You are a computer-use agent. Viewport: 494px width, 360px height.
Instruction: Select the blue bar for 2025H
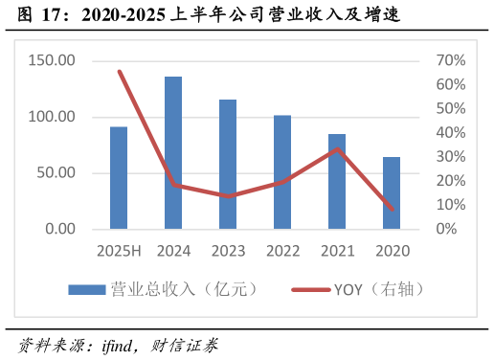tap(119, 178)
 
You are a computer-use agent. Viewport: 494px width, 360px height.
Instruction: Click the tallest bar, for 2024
tap(173, 153)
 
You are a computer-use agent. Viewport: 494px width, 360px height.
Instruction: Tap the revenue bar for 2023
tap(228, 165)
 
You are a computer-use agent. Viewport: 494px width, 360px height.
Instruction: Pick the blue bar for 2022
tap(282, 172)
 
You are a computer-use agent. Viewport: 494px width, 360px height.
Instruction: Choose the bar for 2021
tap(337, 182)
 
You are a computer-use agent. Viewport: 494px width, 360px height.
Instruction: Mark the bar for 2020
tap(392, 193)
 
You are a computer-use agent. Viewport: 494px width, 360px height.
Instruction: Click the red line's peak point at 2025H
tap(119, 71)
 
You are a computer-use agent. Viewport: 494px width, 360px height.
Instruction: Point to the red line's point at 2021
tap(337, 148)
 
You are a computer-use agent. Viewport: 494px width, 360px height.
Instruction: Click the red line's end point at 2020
tap(392, 210)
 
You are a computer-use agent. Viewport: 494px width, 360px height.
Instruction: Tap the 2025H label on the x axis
tap(119, 251)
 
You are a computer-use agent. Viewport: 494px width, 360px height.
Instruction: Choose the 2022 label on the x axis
tap(282, 251)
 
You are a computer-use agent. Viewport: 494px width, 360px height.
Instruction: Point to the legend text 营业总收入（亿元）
tap(185, 289)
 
